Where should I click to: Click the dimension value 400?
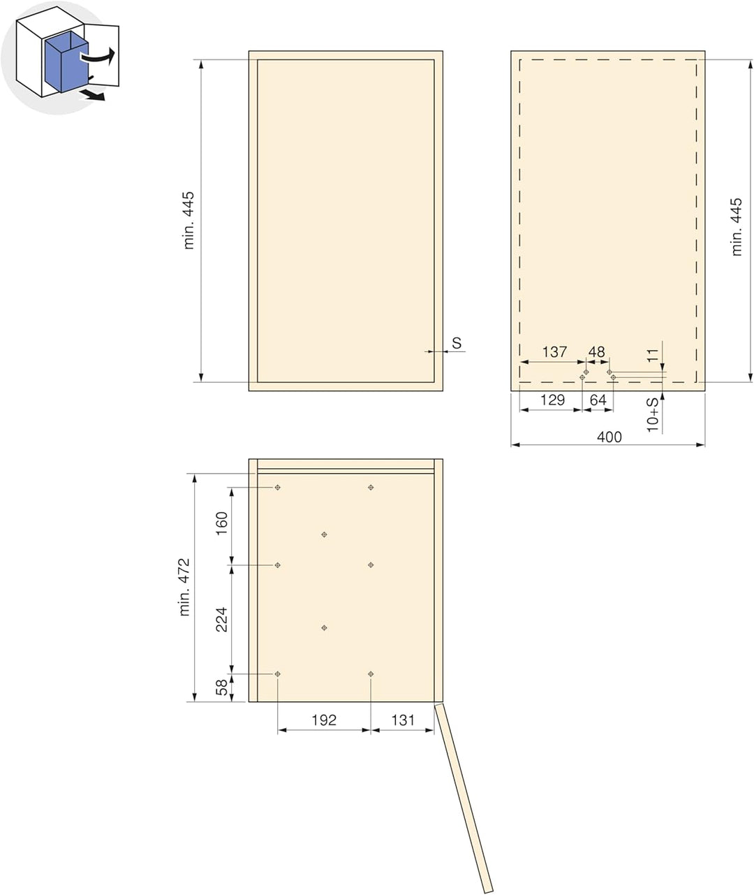[x=609, y=437]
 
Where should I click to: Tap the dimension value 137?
[x=554, y=352]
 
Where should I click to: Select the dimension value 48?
[x=596, y=352]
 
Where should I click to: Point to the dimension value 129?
[x=552, y=400]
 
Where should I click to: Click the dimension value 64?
[x=598, y=400]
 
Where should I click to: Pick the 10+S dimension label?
[x=652, y=414]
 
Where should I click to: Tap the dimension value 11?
[x=651, y=356]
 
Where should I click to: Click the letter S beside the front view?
[x=457, y=343]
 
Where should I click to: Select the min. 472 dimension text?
[x=184, y=588]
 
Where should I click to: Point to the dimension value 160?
[x=221, y=523]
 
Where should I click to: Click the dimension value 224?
[x=221, y=620]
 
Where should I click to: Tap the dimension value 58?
[x=221, y=687]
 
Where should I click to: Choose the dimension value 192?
[x=324, y=720]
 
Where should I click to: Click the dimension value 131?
[x=403, y=720]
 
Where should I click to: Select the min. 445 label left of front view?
[x=189, y=220]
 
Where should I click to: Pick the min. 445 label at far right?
[x=737, y=227]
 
